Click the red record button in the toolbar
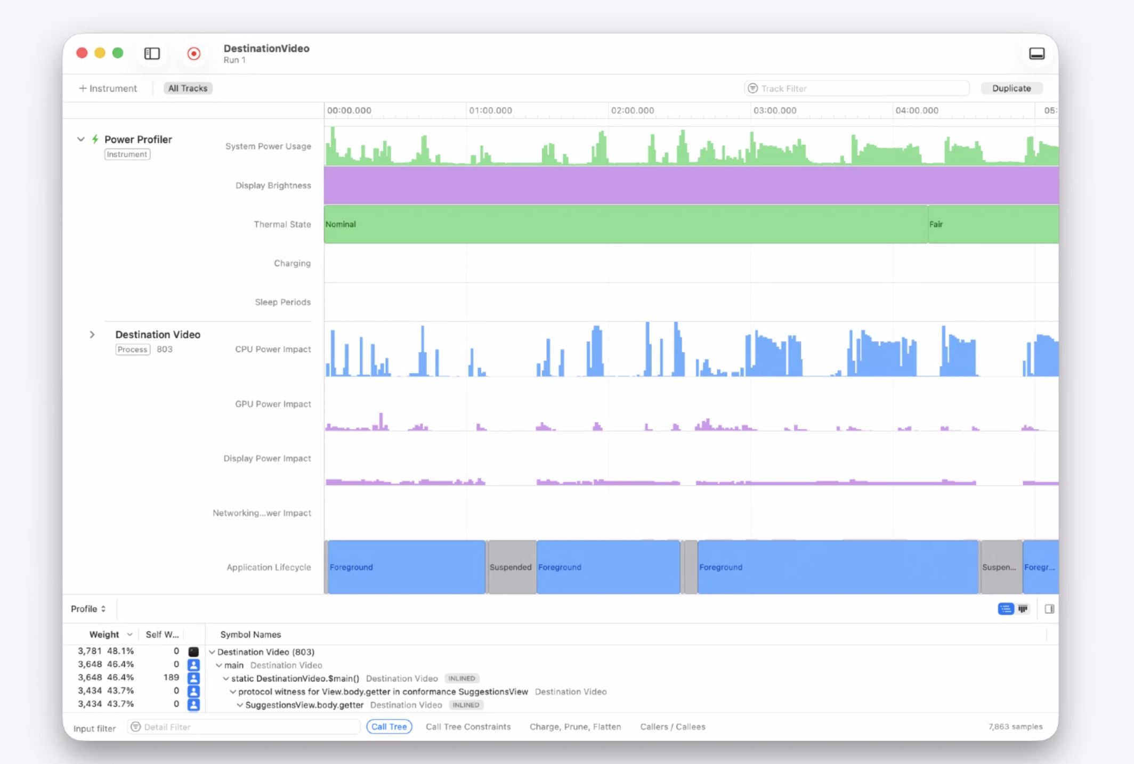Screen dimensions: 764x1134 (x=194, y=53)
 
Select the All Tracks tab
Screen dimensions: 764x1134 (x=188, y=88)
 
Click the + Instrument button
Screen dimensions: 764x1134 (x=108, y=88)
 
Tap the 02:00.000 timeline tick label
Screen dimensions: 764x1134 (x=632, y=111)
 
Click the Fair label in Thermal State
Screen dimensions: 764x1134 (x=936, y=224)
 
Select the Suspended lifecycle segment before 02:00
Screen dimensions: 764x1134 (x=511, y=567)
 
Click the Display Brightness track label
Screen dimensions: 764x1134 (x=273, y=185)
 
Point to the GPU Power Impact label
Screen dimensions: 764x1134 (x=273, y=404)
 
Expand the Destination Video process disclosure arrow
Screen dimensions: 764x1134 (x=92, y=335)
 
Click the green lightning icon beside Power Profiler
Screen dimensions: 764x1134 (x=95, y=139)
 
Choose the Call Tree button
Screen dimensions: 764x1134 (x=389, y=727)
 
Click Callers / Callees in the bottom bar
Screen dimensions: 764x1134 (x=673, y=727)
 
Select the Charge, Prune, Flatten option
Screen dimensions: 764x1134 (x=575, y=727)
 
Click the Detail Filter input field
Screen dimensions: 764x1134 (x=245, y=727)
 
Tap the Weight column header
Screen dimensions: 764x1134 (x=104, y=635)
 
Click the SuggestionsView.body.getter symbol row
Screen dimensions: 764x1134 (x=304, y=705)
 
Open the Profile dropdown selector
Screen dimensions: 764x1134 (x=88, y=609)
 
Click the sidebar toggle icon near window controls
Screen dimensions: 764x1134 (x=152, y=53)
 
